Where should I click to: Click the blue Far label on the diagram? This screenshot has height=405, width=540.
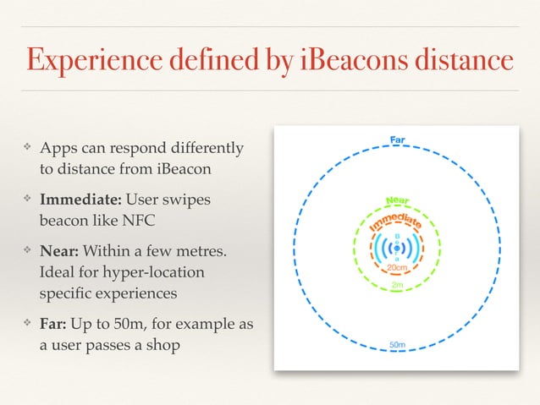pyautogui.click(x=396, y=140)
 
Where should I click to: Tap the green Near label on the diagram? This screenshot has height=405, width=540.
pyautogui.click(x=398, y=201)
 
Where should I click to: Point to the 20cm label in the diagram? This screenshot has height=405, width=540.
pyautogui.click(x=396, y=267)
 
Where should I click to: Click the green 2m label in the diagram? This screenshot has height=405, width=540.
pyautogui.click(x=396, y=286)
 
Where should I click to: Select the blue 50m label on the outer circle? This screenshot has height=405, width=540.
pyautogui.click(x=396, y=345)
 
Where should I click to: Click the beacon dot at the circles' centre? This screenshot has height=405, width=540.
pyautogui.click(x=396, y=248)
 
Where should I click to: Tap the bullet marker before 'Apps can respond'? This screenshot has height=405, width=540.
pyautogui.click(x=27, y=149)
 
